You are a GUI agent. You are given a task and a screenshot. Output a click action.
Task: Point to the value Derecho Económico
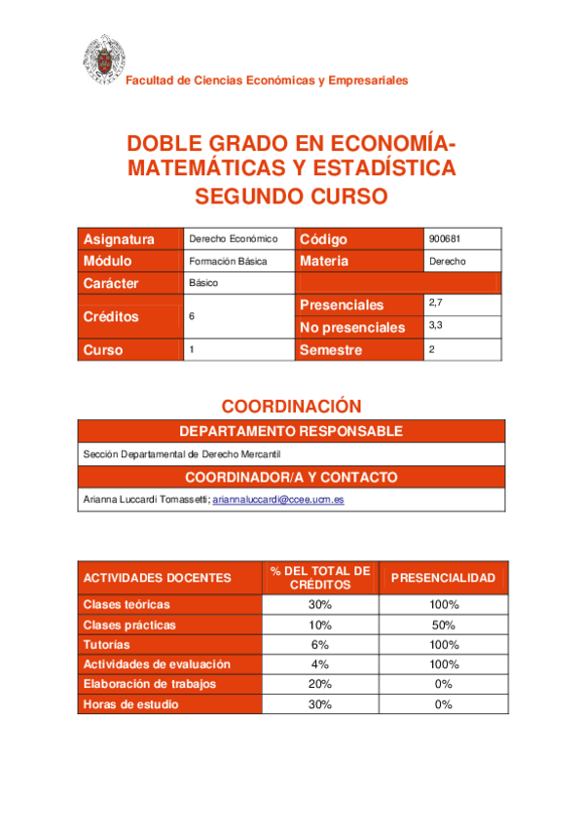234,238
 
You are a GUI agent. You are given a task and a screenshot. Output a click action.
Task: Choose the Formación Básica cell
228,262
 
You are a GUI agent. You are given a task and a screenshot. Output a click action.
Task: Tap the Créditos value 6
192,316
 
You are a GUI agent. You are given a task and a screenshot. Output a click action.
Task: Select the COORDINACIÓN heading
291,406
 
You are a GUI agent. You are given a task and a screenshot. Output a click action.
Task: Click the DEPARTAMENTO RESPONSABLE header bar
291,431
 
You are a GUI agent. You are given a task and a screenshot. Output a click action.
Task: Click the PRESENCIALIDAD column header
443,578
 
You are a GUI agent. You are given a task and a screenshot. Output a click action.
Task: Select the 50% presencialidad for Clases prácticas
443,625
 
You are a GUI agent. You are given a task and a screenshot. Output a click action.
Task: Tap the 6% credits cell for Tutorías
319,644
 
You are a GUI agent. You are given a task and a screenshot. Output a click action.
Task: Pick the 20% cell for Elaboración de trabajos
319,684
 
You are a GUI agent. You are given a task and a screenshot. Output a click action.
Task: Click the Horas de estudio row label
130,704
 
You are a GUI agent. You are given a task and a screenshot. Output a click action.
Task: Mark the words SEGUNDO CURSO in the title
291,197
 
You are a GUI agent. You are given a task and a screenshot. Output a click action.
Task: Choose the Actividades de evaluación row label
157,664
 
